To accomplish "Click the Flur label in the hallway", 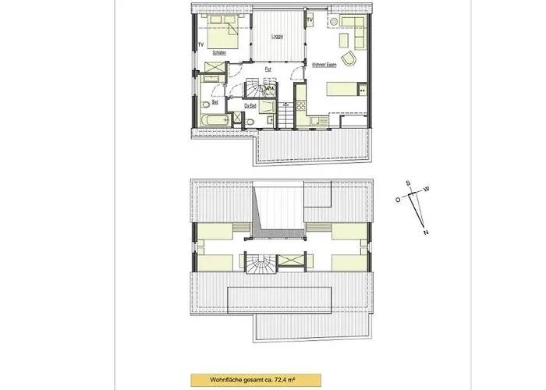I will (x=268, y=70).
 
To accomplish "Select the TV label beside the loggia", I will (x=310, y=19).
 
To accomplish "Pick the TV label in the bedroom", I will (x=201, y=44).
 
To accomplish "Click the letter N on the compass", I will (x=426, y=232).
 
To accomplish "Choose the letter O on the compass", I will (x=397, y=200).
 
